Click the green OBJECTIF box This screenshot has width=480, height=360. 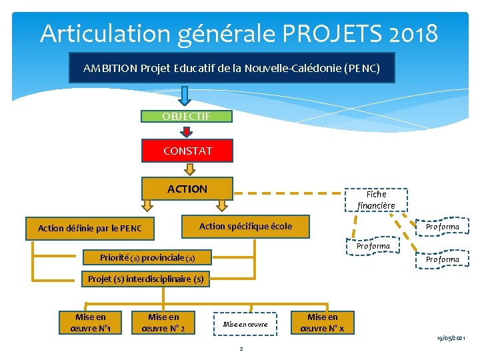point(187,117)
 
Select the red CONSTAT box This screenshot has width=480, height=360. point(187,151)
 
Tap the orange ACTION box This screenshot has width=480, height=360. point(187,189)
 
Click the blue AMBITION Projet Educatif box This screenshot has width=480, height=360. point(231,68)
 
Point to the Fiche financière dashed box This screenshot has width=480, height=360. point(376,199)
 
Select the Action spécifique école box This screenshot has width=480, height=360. point(245,226)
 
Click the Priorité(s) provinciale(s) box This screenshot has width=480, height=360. point(147,257)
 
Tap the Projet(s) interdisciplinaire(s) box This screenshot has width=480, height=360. point(145,279)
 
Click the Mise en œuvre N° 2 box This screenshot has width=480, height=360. point(163,323)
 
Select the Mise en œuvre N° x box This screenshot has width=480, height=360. point(323,323)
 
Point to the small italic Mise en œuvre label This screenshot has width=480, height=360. point(245,325)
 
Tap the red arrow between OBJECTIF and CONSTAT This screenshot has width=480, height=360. point(187,132)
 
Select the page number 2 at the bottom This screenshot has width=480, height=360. point(241,348)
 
